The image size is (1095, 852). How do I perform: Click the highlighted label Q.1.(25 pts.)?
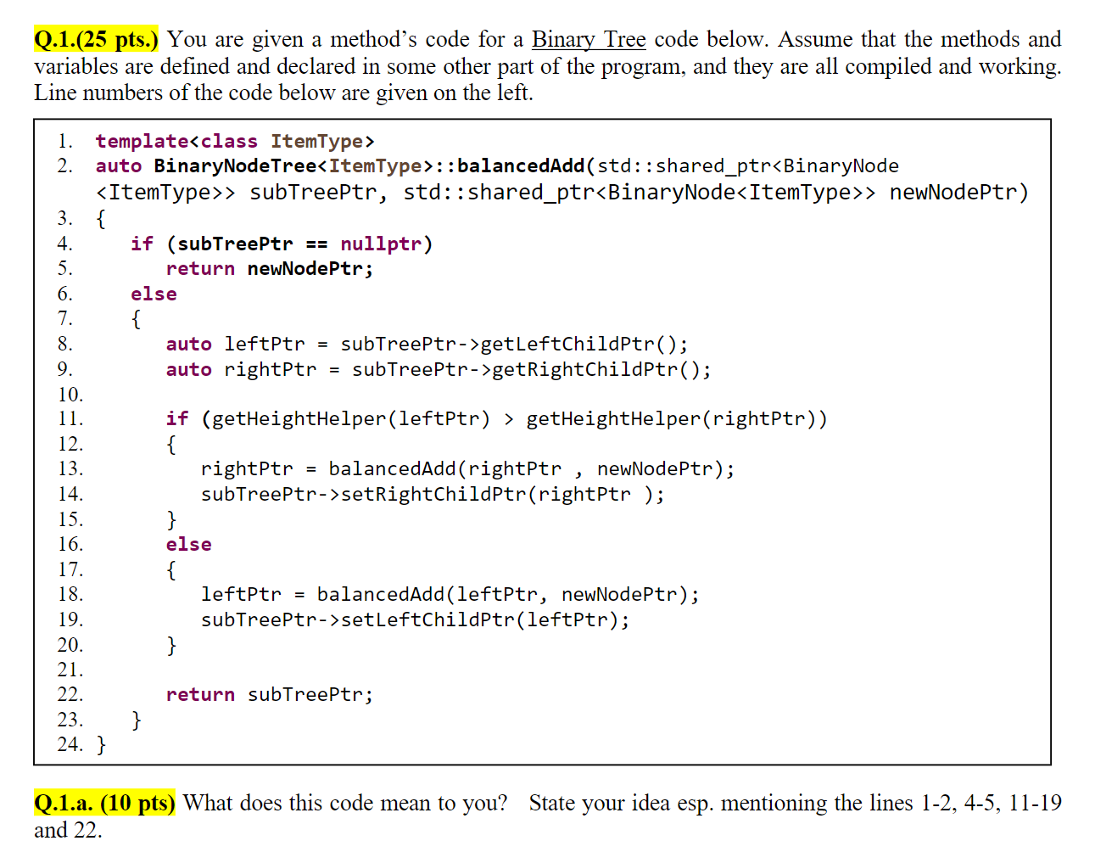point(96,40)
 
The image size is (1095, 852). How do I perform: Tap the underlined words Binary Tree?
point(589,40)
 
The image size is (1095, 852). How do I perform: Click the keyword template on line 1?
point(142,142)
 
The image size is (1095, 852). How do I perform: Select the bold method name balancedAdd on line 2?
point(521,166)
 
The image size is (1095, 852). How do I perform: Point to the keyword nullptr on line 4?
point(381,244)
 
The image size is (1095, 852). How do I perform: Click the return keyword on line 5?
point(200,269)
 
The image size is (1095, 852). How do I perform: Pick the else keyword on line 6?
point(154,294)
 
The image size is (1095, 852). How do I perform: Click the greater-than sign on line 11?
point(508,419)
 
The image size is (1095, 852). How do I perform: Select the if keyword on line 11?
point(176,419)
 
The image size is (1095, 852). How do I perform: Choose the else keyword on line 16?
point(188,545)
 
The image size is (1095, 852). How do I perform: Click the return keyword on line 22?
point(200,695)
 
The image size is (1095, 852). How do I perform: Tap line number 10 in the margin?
point(70,395)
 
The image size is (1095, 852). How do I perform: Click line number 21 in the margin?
point(70,670)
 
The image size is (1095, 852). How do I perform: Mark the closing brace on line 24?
point(102,745)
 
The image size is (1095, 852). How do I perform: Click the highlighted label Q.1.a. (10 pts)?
point(104,803)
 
